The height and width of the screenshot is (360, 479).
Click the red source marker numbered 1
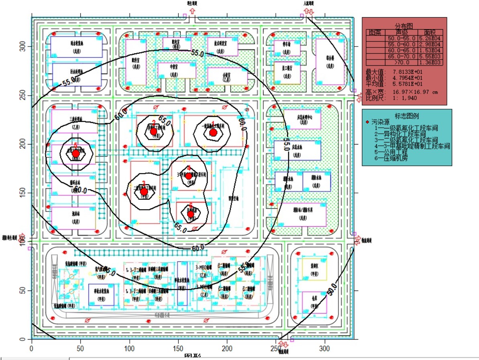tap(213, 132)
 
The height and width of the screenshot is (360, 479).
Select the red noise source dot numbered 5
tap(75, 153)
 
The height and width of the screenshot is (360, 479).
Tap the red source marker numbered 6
tap(191, 214)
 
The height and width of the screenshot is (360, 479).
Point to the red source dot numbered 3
tap(144, 192)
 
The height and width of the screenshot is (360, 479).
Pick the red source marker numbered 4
tap(189, 176)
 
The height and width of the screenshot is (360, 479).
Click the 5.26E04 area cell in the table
tap(430, 39)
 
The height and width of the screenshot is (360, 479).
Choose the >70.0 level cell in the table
tap(402, 63)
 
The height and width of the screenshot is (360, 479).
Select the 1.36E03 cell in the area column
tap(430, 63)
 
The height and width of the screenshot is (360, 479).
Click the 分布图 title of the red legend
tap(404, 25)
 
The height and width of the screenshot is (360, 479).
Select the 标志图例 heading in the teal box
tap(407, 116)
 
